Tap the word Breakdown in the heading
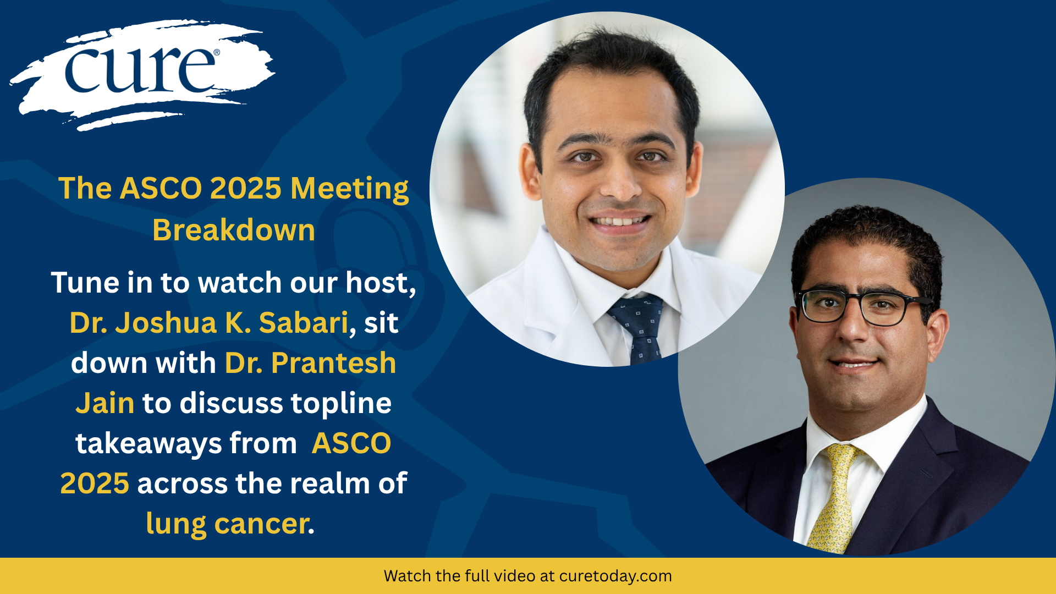(234, 230)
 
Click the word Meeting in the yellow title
(350, 189)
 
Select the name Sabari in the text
(304, 322)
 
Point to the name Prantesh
(333, 363)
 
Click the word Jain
(105, 404)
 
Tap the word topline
(341, 404)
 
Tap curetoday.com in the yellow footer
(615, 576)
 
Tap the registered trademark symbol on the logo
(216, 53)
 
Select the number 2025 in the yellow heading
(246, 189)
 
